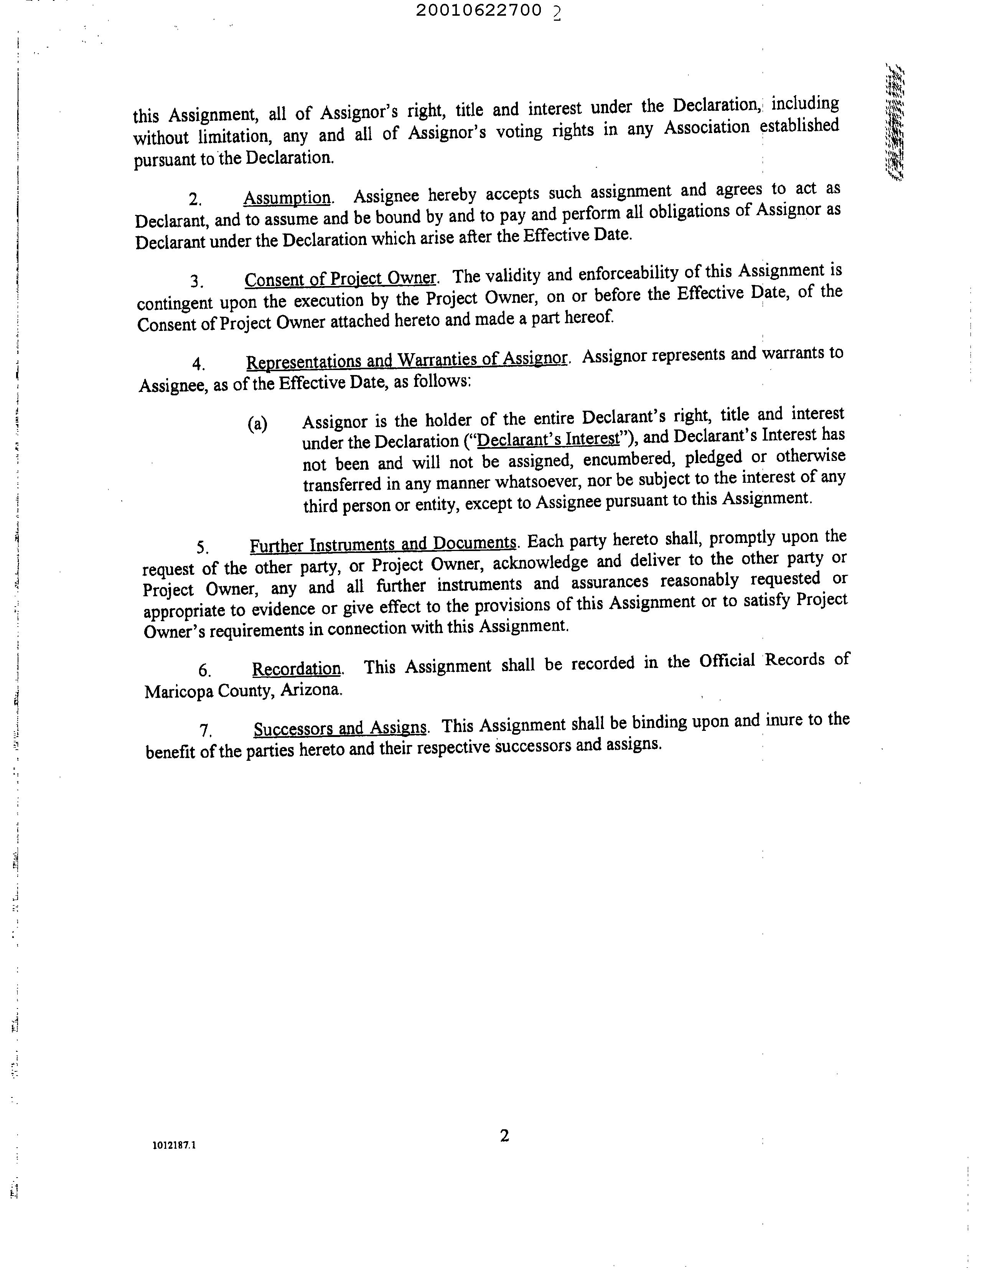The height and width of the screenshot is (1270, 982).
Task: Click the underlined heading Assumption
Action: click(x=287, y=198)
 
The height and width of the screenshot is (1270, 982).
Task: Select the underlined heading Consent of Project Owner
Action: click(x=340, y=279)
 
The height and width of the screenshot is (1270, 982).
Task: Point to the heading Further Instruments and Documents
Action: click(x=383, y=544)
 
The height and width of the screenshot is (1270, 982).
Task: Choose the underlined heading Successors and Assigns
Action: click(x=340, y=728)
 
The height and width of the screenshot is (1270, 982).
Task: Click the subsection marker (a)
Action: click(x=257, y=424)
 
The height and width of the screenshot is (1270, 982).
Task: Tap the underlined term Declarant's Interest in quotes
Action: click(x=548, y=438)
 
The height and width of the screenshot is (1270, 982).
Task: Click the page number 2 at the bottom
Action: click(x=504, y=1136)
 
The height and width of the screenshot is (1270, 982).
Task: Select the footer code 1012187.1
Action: click(x=174, y=1145)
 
